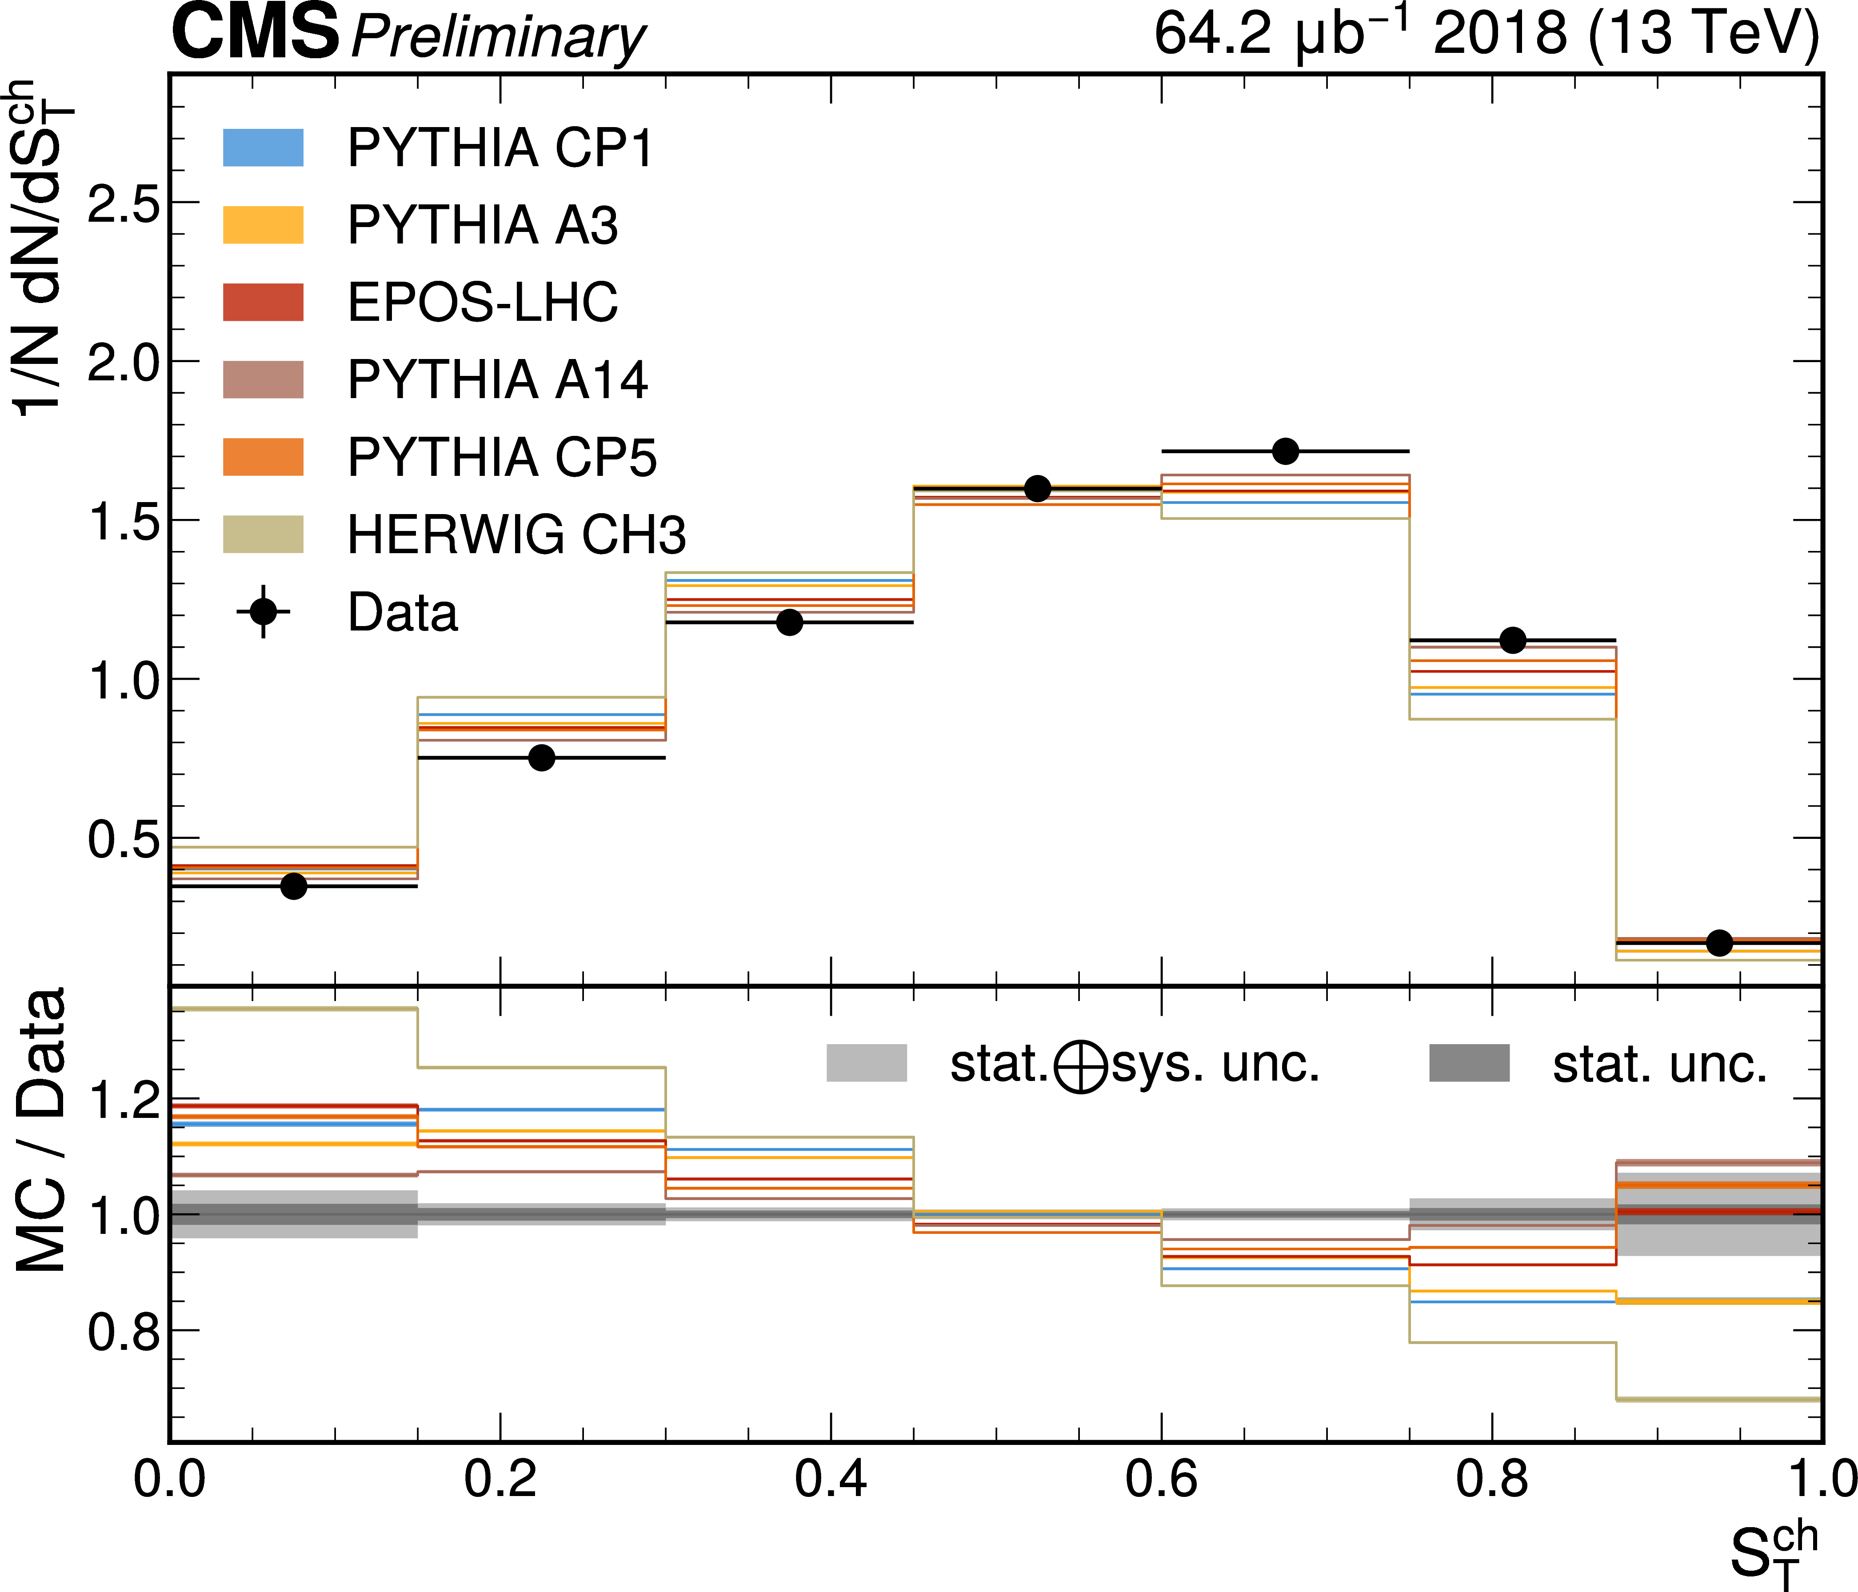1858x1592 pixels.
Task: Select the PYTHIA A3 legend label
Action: pyautogui.click(x=483, y=225)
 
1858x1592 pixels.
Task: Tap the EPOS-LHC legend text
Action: pyautogui.click(x=483, y=302)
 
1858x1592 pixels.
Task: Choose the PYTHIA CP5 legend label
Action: pyautogui.click(x=502, y=457)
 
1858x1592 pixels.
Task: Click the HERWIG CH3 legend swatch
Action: pyautogui.click(x=263, y=534)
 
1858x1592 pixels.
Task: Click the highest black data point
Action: pyautogui.click(x=1285, y=451)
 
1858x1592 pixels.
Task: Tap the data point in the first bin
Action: pyautogui.click(x=293, y=886)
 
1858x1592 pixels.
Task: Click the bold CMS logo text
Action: pyautogui.click(x=256, y=32)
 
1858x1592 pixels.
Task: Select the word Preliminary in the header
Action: pyautogui.click(x=498, y=38)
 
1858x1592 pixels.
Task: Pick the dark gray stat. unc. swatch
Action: pyautogui.click(x=1469, y=1063)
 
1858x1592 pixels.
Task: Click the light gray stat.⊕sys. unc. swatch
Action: pyautogui.click(x=866, y=1063)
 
